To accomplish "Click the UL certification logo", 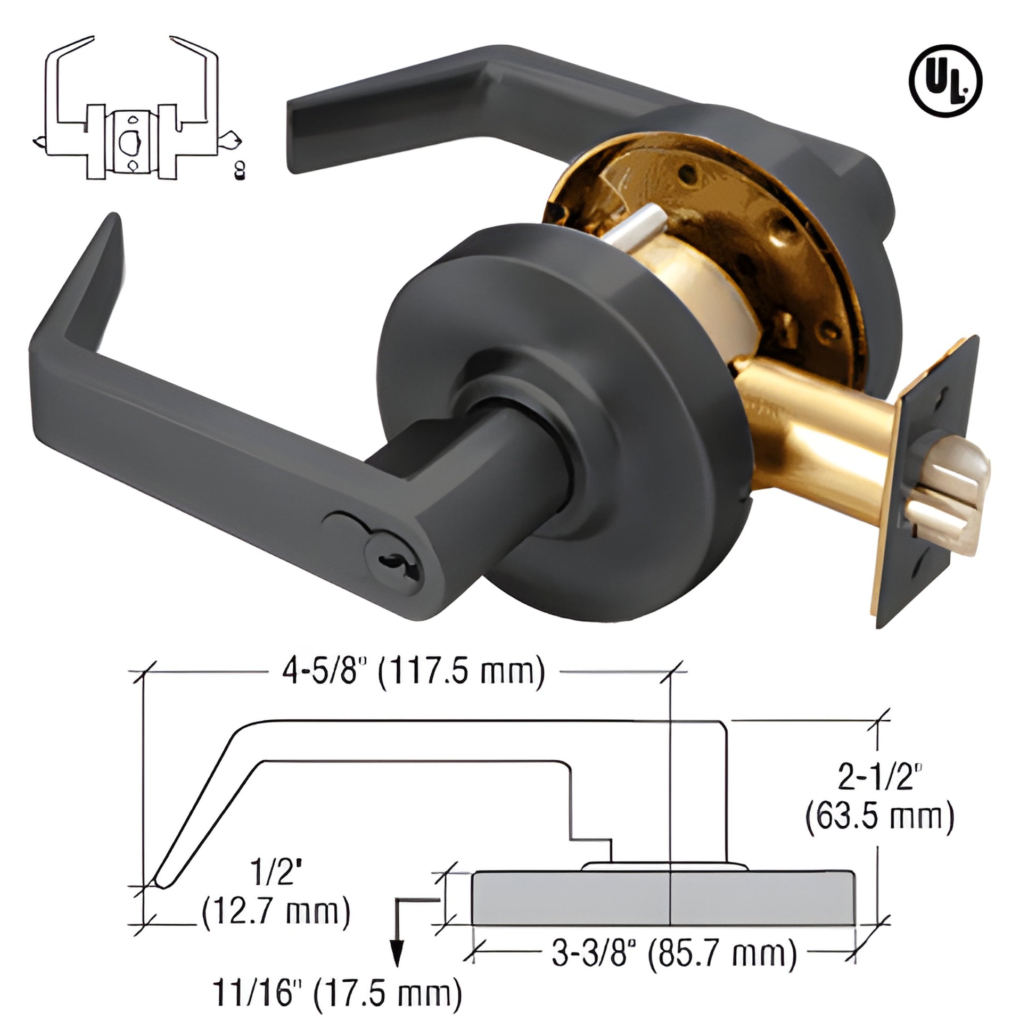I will click(x=945, y=80).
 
